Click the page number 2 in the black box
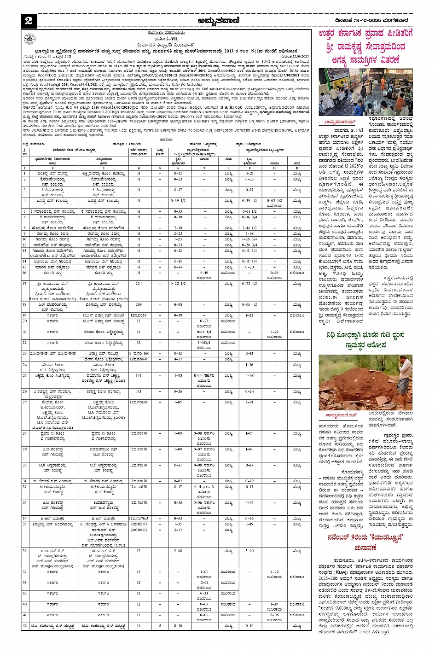(29, 21)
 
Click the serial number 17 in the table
(25, 284)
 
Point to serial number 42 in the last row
(25, 626)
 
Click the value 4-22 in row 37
(274, 572)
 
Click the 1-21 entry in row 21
(274, 332)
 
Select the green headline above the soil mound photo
(365, 340)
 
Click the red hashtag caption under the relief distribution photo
(338, 122)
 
